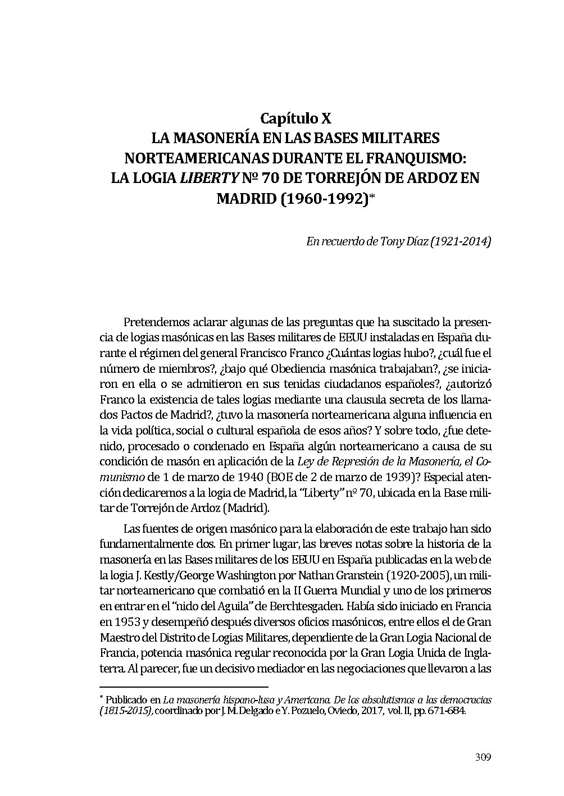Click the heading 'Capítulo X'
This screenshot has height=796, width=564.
coord(295,119)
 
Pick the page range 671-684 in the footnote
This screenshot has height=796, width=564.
coord(449,711)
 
